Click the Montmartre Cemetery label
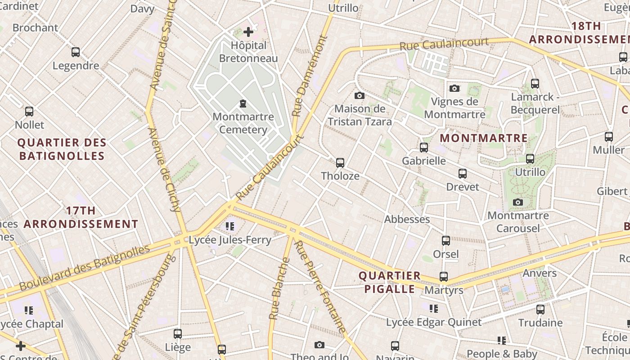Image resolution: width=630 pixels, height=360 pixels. pos(243,123)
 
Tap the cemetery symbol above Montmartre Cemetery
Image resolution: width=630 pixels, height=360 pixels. pos(243,104)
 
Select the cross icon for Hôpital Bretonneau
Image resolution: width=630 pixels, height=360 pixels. pos(248,32)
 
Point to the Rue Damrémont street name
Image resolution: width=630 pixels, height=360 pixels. pos(310,76)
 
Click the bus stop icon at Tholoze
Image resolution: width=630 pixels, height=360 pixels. pos(340,163)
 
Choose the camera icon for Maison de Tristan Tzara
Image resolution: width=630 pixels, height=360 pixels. pos(359,95)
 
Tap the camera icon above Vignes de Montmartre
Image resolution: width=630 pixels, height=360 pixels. pos(454,88)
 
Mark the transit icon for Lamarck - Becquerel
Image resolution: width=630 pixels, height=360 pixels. pos(535,84)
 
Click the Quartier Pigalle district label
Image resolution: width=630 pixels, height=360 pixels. pos(390,282)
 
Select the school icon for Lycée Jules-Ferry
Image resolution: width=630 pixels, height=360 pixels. pos(230,226)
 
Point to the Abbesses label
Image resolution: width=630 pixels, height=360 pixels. pos(407,219)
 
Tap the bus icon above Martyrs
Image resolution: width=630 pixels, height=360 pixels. pos(444,277)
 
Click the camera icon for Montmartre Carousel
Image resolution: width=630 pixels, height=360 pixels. pos(518,202)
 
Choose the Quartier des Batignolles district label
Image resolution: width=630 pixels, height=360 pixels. pos(62,149)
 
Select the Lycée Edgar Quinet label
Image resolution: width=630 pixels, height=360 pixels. pos(434,322)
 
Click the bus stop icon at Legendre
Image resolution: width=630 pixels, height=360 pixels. pos(76,52)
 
